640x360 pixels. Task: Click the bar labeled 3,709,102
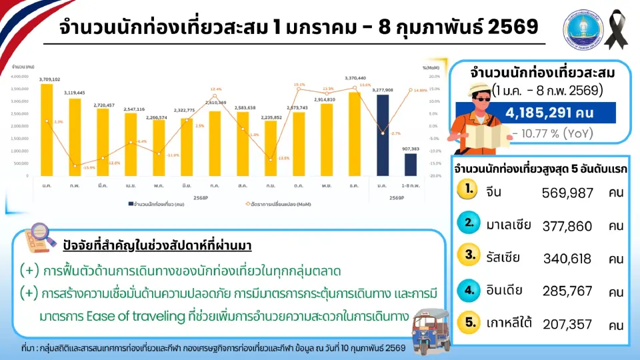click(47, 130)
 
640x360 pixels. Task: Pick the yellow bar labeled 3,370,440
click(354, 133)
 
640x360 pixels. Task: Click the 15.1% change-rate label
click(299, 85)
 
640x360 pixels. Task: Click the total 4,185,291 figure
click(541, 113)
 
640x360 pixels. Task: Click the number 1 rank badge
click(470, 189)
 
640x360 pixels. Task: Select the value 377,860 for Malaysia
click(567, 226)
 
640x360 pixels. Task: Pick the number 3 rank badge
click(470, 255)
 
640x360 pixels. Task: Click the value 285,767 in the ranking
click(567, 291)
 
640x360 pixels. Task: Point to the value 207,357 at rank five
click(567, 325)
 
